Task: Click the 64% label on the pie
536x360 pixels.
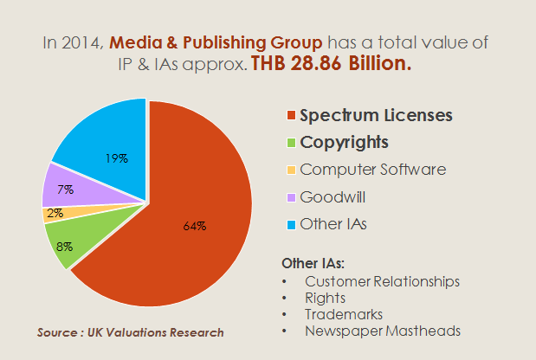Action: click(x=194, y=226)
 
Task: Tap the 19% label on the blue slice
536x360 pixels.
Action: click(x=117, y=158)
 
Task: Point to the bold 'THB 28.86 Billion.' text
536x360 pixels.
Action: click(x=331, y=63)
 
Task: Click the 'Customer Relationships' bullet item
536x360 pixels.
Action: click(x=382, y=282)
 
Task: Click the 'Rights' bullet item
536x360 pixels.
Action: click(x=325, y=298)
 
